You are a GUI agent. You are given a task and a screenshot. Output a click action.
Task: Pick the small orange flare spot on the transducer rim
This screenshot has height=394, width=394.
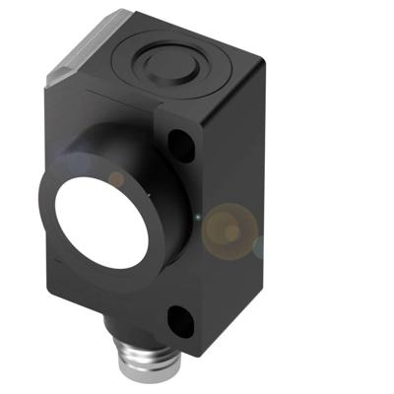[117, 180]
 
